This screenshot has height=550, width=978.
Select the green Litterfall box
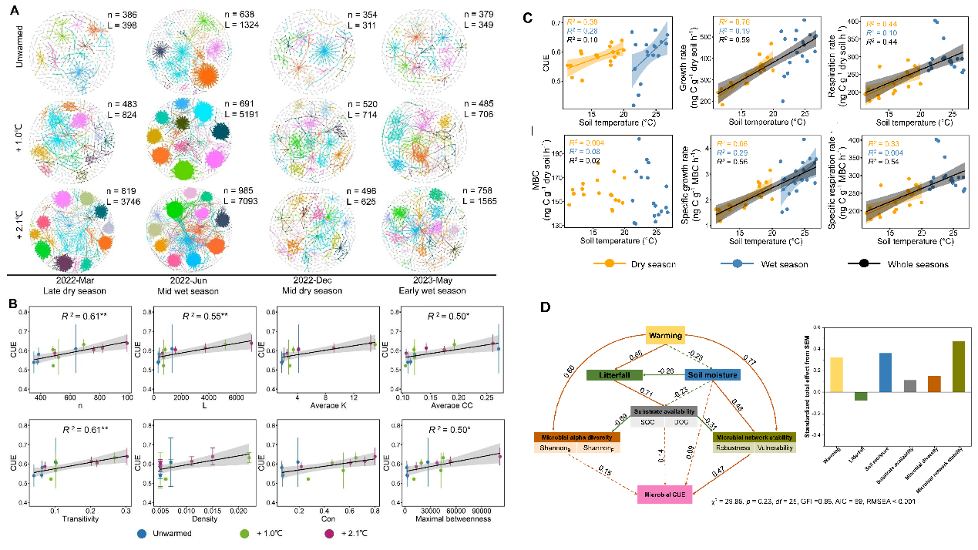coord(615,375)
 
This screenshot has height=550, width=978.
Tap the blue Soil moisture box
coord(713,375)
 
